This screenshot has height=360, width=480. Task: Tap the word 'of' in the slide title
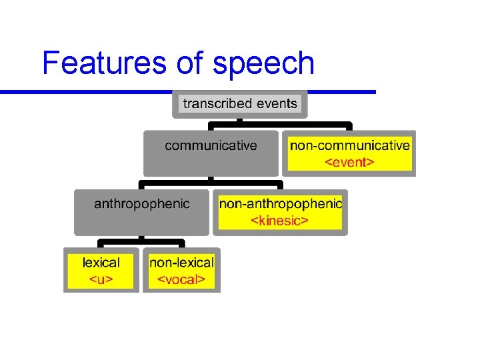pyautogui.click(x=191, y=63)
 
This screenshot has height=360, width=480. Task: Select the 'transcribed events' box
pyautogui.click(x=240, y=104)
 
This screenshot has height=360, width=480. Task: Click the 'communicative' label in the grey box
pyautogui.click(x=211, y=145)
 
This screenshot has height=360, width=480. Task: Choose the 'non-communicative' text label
pyautogui.click(x=349, y=145)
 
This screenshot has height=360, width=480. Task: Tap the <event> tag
pyautogui.click(x=349, y=162)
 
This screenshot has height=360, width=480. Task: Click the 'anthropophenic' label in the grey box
pyautogui.click(x=141, y=203)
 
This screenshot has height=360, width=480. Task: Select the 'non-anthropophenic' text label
pyautogui.click(x=280, y=203)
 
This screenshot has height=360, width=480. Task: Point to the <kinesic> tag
pyautogui.click(x=279, y=220)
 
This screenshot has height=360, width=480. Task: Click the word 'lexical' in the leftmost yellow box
pyautogui.click(x=101, y=263)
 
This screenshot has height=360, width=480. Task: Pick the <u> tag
pyautogui.click(x=101, y=279)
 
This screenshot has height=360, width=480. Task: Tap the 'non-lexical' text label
pyautogui.click(x=181, y=263)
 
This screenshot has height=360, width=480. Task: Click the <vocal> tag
pyautogui.click(x=181, y=279)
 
